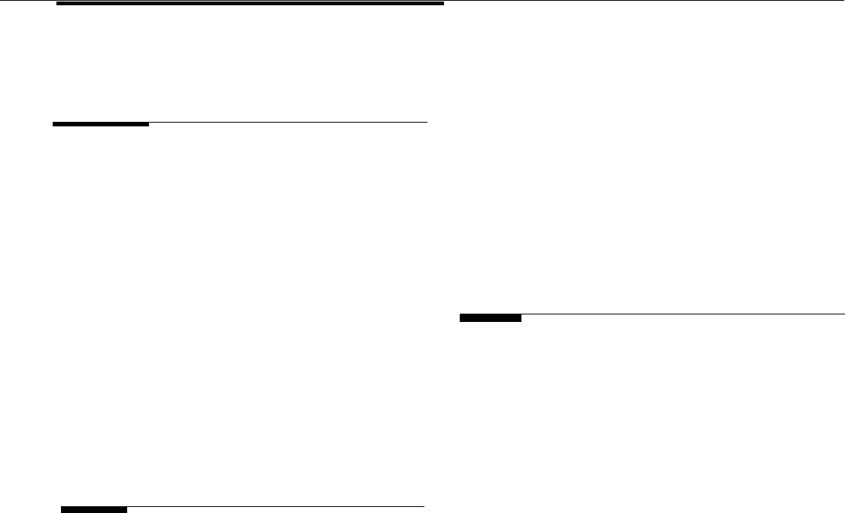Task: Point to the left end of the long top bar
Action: (58, 4)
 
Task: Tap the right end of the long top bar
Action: (444, 4)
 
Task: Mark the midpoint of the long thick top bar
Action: (251, 4)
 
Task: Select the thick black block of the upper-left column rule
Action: (101, 123)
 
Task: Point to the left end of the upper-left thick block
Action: (53, 123)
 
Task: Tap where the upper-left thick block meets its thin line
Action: (149, 123)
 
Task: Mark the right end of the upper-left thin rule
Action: (427, 122)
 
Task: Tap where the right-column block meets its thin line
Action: (521, 316)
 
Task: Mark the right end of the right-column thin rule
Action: (844, 314)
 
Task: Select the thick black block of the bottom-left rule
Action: (94, 509)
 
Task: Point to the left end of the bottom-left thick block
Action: (61, 509)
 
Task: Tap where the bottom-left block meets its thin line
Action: (127, 508)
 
